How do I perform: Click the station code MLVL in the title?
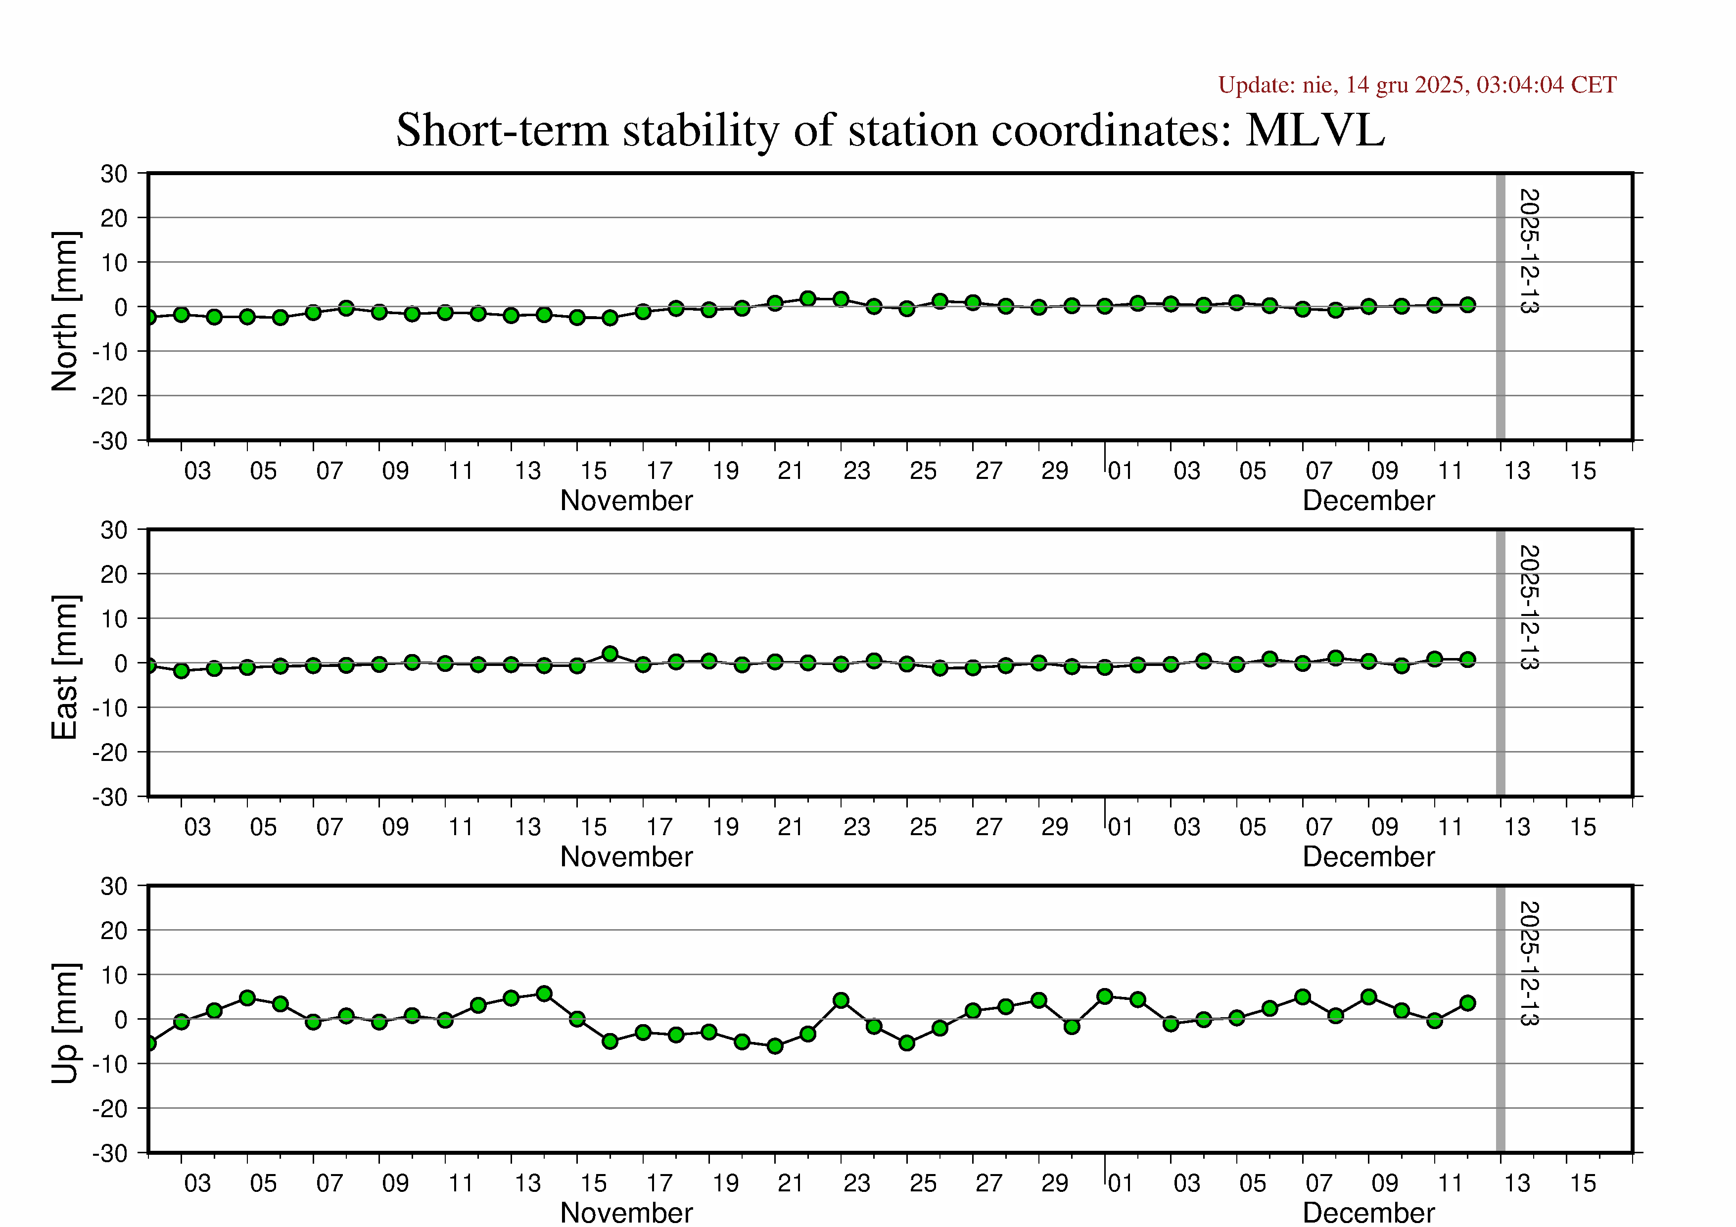[1315, 130]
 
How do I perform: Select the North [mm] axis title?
[65, 312]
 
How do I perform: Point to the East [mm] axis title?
[65, 667]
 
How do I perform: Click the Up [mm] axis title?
[65, 1023]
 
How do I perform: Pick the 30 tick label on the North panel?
[114, 174]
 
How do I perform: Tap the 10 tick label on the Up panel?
[114, 975]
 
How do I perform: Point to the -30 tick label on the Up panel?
[110, 1154]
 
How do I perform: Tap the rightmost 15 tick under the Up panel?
[1583, 1183]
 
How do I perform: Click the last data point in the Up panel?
[1467, 1003]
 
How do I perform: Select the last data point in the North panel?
[1467, 305]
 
